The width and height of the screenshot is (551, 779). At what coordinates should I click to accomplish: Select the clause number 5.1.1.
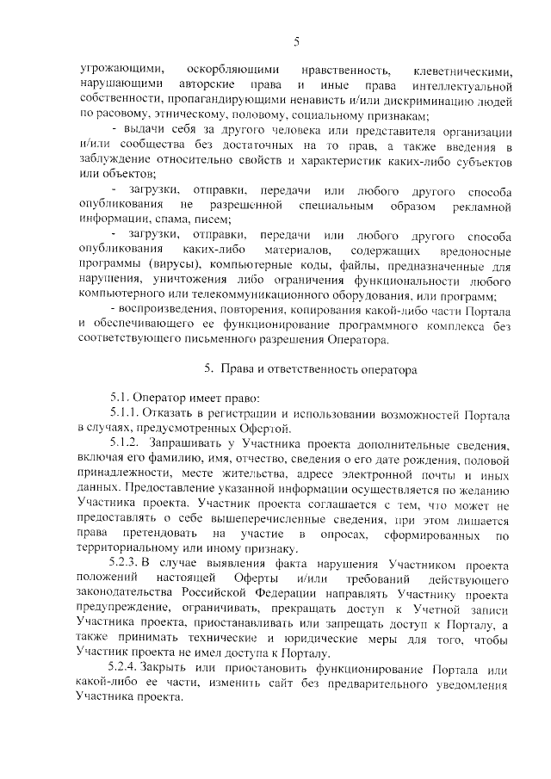[125, 413]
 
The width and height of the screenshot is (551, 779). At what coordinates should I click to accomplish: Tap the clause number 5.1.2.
[125, 443]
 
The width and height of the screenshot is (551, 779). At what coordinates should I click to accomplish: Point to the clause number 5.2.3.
[125, 563]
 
